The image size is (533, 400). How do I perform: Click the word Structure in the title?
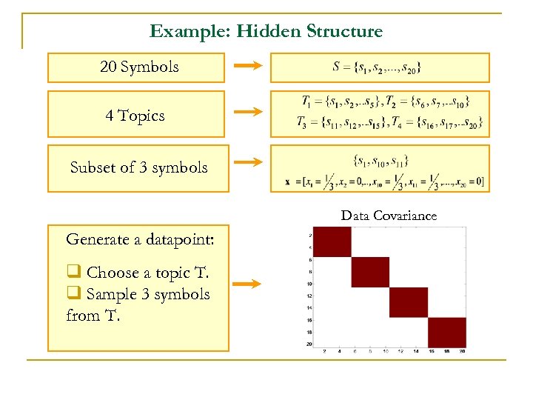point(344,31)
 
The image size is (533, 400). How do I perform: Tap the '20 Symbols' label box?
point(139,67)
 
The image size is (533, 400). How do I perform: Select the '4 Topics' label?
point(135,116)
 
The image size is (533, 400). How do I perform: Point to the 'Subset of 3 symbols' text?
point(138,167)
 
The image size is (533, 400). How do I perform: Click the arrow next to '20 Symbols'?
point(247,67)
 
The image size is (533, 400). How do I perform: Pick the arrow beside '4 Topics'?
point(247,113)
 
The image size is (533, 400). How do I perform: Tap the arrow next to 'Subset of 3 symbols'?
point(247,161)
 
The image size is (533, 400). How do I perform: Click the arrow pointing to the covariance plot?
point(247,283)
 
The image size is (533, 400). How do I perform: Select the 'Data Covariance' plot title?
point(389,216)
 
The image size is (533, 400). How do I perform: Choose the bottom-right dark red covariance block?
point(447,332)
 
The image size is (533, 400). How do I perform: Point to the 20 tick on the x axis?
point(462,350)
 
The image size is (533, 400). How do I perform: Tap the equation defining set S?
point(378,67)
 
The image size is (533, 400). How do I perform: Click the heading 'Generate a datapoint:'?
point(130,239)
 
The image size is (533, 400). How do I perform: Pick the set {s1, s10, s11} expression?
point(381,159)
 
